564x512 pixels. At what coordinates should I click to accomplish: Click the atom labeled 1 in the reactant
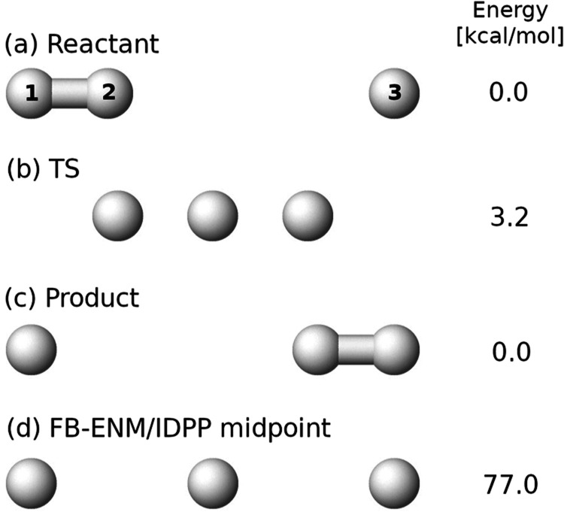click(x=31, y=93)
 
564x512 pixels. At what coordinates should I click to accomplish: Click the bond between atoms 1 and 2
click(x=69, y=93)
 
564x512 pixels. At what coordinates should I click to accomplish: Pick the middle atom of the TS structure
click(x=212, y=215)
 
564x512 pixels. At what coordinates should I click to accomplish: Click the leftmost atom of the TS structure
click(x=117, y=215)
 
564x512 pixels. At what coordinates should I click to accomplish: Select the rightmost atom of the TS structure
click(x=307, y=215)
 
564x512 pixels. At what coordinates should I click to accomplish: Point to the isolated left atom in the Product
click(x=31, y=348)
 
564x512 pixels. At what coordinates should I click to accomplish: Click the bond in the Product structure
click(x=355, y=348)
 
